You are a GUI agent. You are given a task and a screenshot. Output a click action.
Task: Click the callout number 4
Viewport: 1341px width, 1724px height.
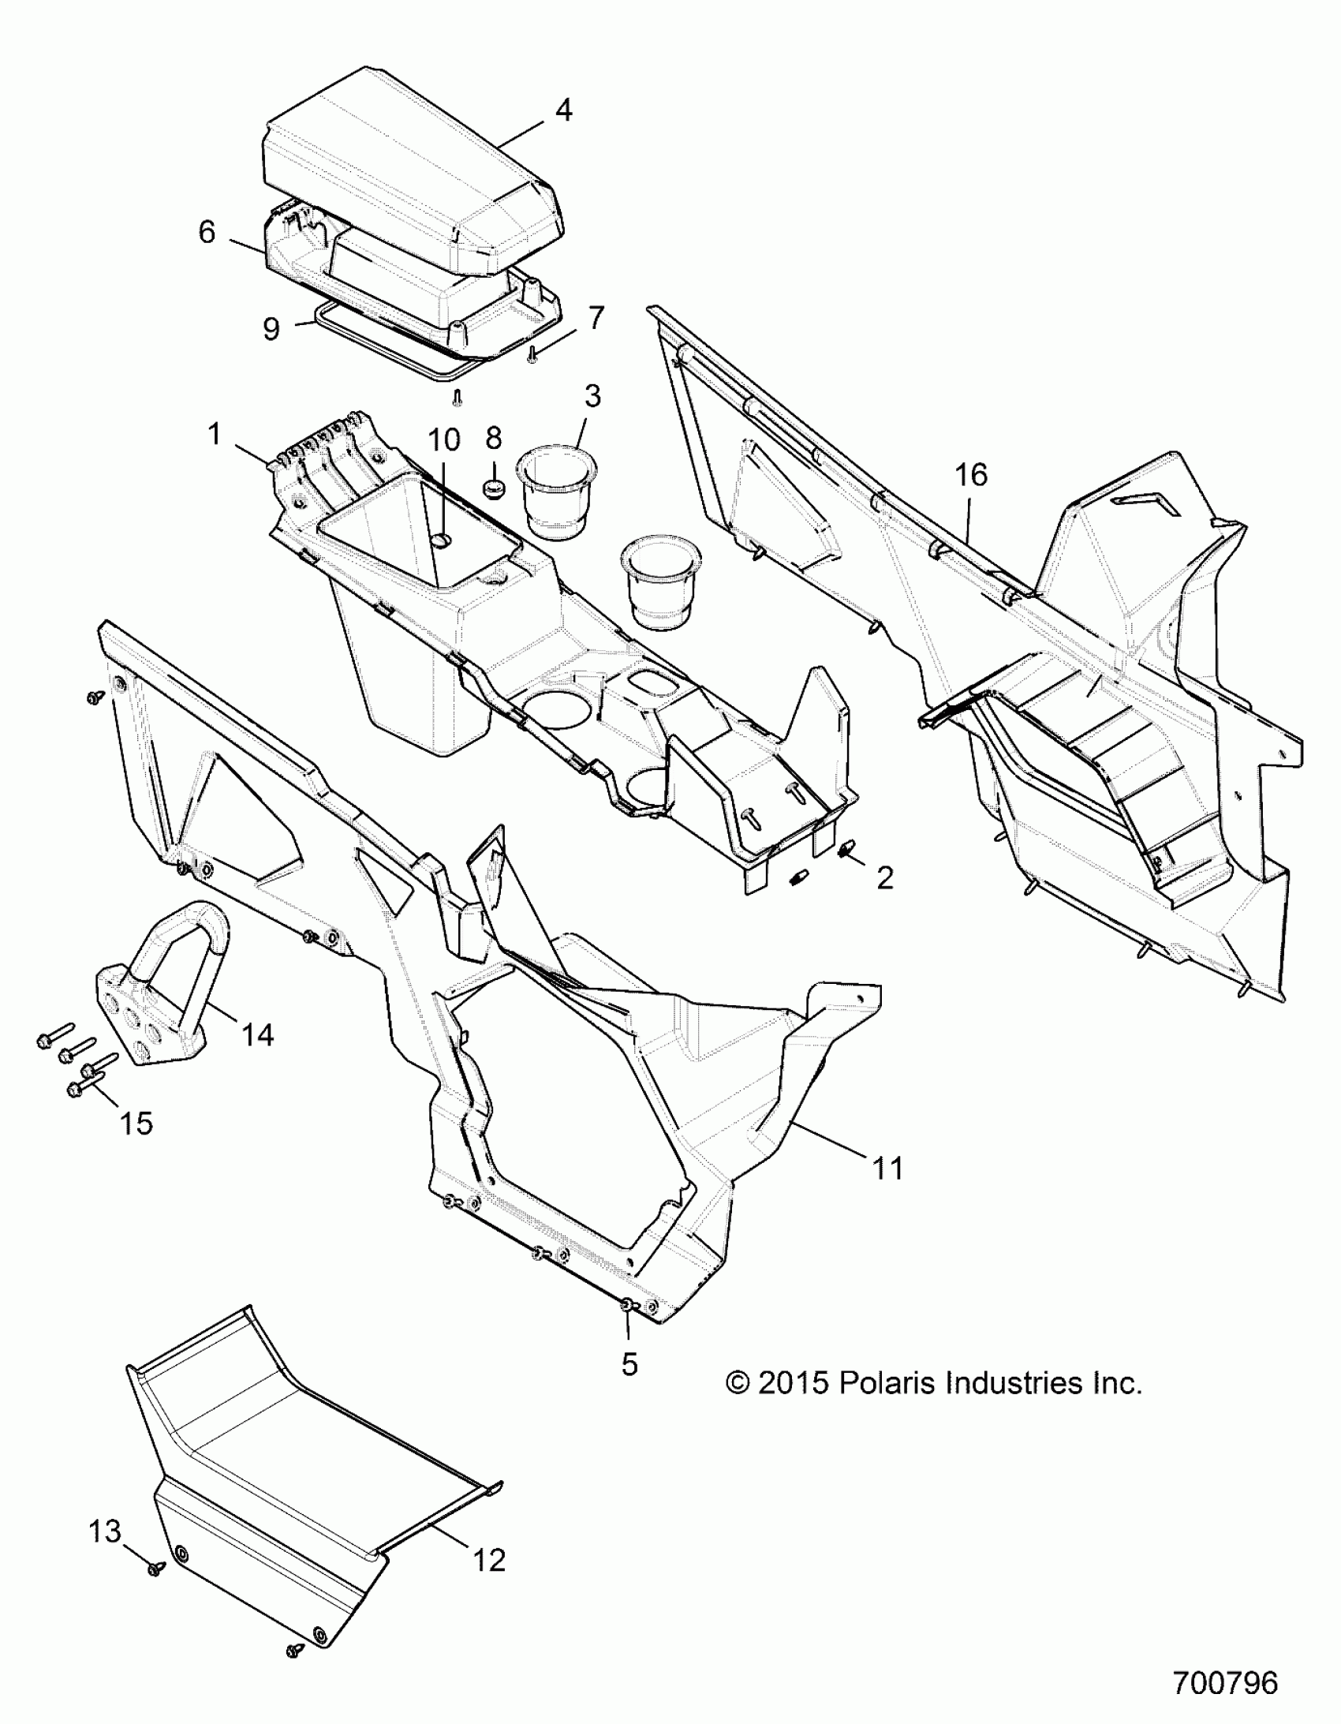point(562,110)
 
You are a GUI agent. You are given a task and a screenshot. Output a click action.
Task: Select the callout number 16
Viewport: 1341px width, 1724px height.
point(971,474)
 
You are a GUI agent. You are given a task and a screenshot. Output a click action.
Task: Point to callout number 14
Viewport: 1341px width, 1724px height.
point(257,1034)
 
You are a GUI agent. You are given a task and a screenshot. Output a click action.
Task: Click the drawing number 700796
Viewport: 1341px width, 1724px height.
point(1225,1683)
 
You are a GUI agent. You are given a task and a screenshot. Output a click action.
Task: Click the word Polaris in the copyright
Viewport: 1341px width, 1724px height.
point(887,1404)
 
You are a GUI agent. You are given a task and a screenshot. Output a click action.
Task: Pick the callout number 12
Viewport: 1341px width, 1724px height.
point(488,1561)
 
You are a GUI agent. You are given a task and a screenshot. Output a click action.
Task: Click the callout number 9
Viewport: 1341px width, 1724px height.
point(271,328)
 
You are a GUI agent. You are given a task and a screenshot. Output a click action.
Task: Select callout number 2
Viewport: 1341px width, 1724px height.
point(885,878)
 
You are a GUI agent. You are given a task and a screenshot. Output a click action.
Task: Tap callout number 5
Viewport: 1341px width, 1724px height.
point(629,1364)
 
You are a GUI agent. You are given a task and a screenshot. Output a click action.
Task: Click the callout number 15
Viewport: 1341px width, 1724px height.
point(136,1123)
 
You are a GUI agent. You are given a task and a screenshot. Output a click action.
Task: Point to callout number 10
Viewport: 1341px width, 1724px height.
point(444,439)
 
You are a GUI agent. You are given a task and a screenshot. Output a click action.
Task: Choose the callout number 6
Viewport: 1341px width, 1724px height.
point(207,232)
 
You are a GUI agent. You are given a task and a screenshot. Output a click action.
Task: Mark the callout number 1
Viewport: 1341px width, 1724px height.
point(214,434)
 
